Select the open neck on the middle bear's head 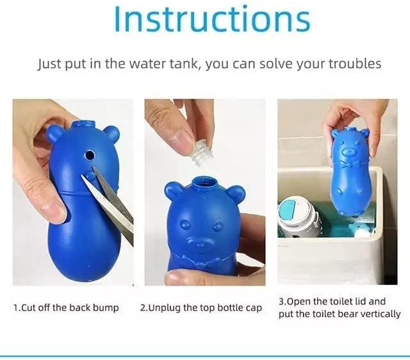click(x=204, y=185)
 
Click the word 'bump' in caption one click(x=105, y=307)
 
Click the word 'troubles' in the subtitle click(x=358, y=65)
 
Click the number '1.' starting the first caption click(x=17, y=307)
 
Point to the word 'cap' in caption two click(x=254, y=308)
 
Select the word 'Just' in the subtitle click(x=48, y=65)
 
